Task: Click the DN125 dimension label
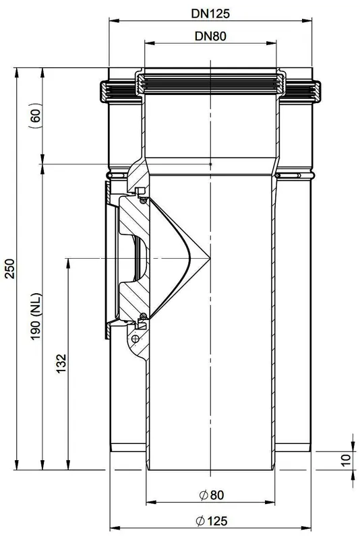point(210,13)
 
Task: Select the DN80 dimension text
point(210,36)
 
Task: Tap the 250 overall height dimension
point(10,268)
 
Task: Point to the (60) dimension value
point(36,115)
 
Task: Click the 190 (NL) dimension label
point(36,317)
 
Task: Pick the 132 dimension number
point(61,363)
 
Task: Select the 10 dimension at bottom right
point(346,459)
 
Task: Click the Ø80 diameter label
point(212,495)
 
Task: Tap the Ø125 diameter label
point(212,521)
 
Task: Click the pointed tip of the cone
point(210,258)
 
